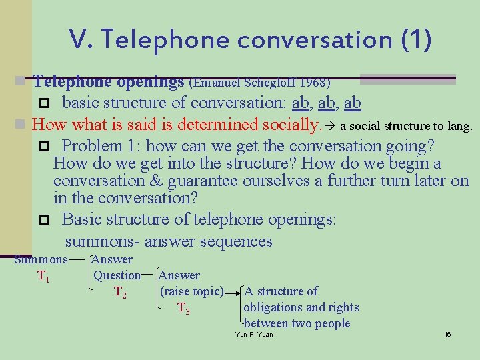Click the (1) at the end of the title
click(x=417, y=40)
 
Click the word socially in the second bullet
click(x=291, y=125)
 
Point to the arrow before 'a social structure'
click(x=330, y=125)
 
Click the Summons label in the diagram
click(x=41, y=259)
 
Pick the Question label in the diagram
click(x=117, y=275)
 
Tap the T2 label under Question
click(x=121, y=291)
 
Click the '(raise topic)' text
click(x=191, y=291)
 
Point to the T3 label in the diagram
click(x=183, y=307)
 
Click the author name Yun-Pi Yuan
click(x=254, y=334)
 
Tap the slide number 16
click(x=447, y=334)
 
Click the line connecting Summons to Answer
click(x=78, y=259)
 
